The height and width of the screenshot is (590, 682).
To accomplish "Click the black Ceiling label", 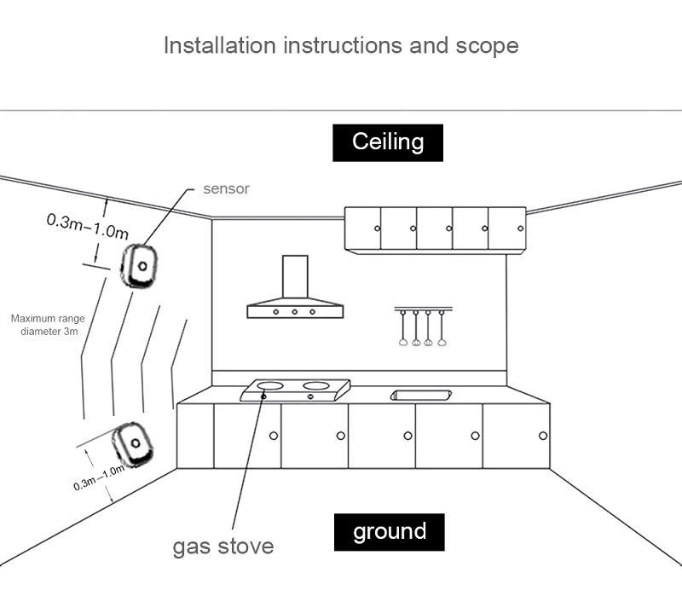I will point(388,142).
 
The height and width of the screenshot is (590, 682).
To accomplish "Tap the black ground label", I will point(389,532).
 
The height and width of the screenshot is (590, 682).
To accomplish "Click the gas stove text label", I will point(223,546).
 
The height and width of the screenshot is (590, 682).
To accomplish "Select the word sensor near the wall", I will point(226,188).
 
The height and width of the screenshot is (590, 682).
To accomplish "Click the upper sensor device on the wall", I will point(139,266).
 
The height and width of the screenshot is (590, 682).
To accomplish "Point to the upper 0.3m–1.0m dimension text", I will point(87,227).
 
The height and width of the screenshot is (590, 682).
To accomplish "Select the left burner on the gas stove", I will point(272,385).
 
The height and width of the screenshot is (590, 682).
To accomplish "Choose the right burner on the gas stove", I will point(315,385).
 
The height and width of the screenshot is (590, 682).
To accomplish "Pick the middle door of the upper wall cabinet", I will point(434,228).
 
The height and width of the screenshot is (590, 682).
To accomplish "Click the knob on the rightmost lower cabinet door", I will point(542,436).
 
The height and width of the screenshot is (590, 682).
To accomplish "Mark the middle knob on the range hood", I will point(295,312).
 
